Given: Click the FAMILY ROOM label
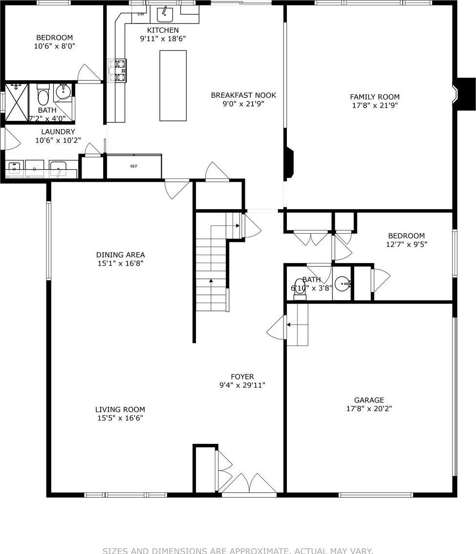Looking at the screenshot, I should [374, 97].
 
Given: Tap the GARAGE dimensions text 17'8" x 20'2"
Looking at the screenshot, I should [369, 409].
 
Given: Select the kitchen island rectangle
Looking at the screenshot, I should [173, 86].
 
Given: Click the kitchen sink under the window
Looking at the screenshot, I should [165, 14].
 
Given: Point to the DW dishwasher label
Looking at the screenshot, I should [141, 14].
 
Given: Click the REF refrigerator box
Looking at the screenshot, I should [134, 166].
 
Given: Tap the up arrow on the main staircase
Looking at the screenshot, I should [211, 282].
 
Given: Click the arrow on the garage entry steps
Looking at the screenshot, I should [289, 324].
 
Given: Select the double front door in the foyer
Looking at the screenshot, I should [249, 484].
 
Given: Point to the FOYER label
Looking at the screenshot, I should [242, 377].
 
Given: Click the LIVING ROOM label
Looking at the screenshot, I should [120, 409].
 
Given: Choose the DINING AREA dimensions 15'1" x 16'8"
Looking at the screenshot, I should [120, 263].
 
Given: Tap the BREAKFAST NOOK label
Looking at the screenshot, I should [243, 95].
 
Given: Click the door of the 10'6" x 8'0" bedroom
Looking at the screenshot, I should [89, 73].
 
